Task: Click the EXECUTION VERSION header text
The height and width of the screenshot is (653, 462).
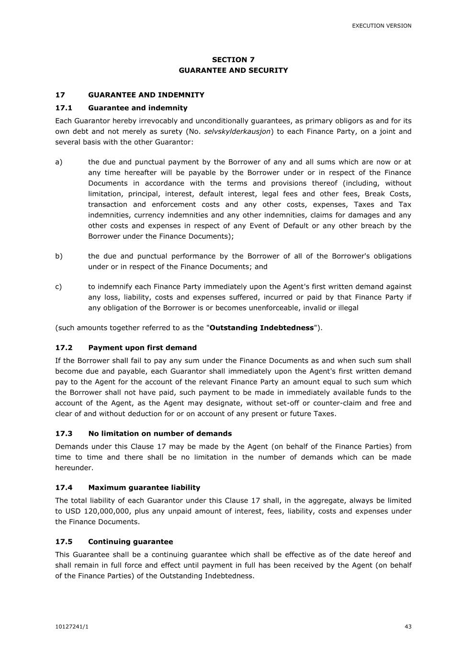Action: point(382,26)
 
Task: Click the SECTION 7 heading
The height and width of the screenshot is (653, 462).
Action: point(233,60)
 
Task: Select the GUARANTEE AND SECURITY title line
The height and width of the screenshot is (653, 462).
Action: point(233,70)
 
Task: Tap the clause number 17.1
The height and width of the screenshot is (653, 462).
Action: point(64,108)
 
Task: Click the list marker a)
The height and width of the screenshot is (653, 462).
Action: point(59,162)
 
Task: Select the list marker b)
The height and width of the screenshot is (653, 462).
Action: point(59,256)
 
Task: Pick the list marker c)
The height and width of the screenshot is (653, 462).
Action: point(58,287)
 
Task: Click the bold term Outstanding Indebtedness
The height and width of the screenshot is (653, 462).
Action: point(261,328)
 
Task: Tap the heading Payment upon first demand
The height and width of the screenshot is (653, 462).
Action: point(142,348)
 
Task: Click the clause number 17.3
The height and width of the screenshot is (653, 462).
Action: point(64,434)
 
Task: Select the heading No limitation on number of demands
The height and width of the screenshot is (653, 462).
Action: point(160,434)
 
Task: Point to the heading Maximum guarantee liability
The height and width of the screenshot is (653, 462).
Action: point(144,487)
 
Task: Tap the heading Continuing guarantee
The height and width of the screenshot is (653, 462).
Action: point(131,542)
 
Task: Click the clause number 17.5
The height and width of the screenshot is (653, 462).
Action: point(64,542)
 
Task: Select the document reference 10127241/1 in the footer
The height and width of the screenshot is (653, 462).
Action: point(72,627)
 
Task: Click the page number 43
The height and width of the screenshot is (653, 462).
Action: point(408,627)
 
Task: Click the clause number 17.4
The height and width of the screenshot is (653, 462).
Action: point(64,487)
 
